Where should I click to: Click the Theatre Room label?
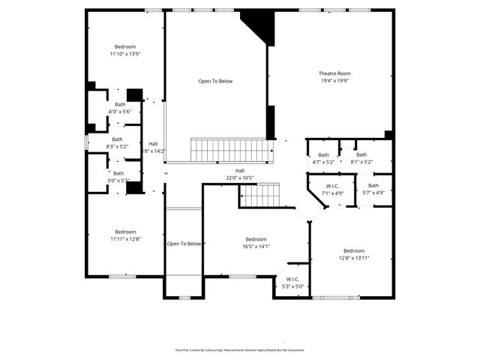334,73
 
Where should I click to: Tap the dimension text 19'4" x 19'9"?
334,81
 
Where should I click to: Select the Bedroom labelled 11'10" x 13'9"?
124,46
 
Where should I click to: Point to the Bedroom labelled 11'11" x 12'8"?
125,232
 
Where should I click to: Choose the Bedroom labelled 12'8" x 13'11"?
354,250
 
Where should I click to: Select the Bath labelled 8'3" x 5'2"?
117,139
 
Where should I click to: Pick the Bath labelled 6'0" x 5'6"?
119,104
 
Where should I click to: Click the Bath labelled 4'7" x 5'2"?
322,154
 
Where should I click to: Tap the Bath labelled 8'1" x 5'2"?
361,154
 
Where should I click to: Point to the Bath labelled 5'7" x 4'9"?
373,185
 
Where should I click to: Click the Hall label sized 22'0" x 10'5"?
240,171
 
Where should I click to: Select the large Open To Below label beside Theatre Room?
215,81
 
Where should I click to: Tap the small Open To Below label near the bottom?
184,244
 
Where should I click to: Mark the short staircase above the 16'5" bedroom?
259,196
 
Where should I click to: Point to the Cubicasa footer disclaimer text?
240,349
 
